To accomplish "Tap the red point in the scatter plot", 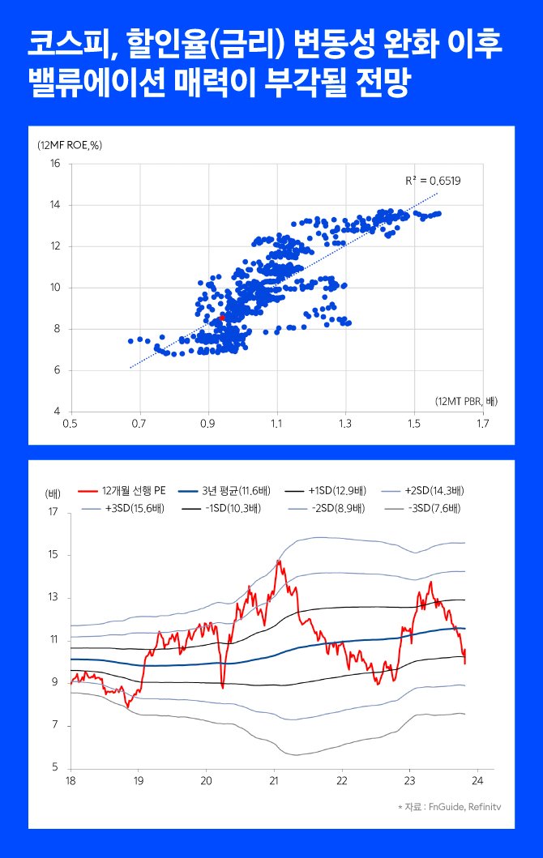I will coord(223,318).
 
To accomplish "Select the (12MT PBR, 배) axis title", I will coord(460,401).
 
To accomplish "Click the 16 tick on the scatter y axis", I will coord(55,164).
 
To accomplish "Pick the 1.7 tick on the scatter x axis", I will coord(484,423).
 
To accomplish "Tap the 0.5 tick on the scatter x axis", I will coord(71,423).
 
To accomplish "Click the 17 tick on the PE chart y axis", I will coord(53,512).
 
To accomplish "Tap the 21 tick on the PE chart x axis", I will coord(274,781).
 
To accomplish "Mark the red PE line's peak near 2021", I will coord(278,560).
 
